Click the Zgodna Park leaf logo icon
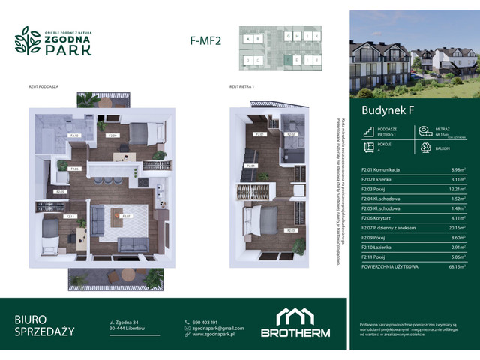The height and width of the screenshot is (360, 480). click(28, 43)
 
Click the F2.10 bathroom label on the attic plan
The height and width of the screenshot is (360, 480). click(74, 136)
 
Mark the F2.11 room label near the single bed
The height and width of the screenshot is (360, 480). click(70, 217)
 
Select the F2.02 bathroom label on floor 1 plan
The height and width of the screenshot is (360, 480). click(293, 135)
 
